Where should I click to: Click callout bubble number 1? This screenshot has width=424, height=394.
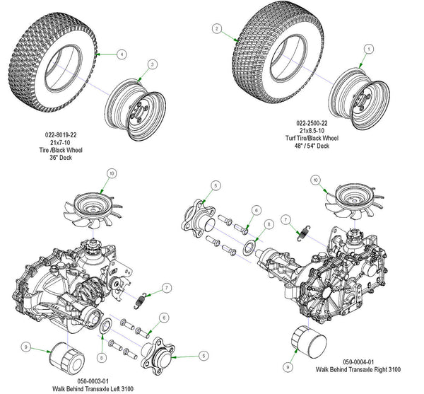pos(368,48)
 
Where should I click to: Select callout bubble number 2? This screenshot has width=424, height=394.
pos(218,29)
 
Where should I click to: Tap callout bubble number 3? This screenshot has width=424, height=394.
pos(152,64)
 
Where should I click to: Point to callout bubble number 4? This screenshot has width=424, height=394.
pos(122,54)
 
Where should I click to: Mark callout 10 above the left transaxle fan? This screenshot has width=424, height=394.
pos(112,173)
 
